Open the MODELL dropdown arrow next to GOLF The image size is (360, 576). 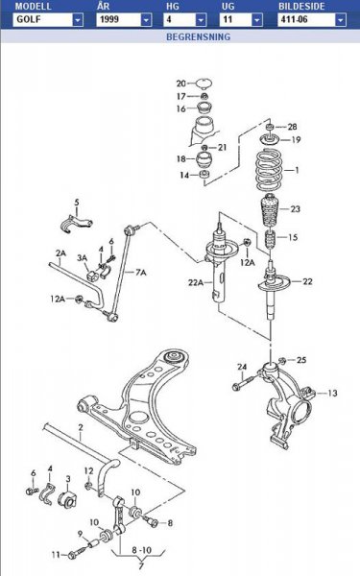click(78, 20)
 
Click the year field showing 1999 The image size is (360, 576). click(119, 20)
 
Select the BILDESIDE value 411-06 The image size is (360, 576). click(307, 20)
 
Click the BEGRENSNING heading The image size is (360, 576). click(199, 36)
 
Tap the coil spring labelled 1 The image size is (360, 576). click(269, 170)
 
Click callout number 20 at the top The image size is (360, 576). click(181, 84)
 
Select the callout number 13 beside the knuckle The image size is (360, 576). click(332, 393)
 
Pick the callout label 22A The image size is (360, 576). click(196, 282)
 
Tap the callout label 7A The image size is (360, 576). click(141, 273)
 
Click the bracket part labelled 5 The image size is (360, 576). click(76, 224)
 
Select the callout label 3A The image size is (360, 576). click(82, 258)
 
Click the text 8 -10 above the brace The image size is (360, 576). click(141, 550)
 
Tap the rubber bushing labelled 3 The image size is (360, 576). click(67, 499)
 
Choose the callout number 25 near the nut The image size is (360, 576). click(301, 360)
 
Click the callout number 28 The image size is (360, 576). click(292, 127)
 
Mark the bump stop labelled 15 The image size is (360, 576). click(271, 239)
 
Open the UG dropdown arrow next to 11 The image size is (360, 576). click(257, 20)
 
